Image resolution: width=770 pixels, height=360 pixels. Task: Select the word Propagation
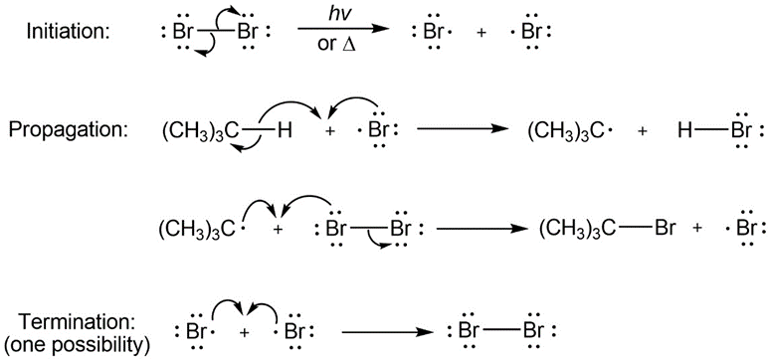69,131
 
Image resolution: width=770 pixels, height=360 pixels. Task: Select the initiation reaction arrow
343,30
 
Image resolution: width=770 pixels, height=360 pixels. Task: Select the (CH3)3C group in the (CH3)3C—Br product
577,230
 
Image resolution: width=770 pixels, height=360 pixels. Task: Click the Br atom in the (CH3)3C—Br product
666,229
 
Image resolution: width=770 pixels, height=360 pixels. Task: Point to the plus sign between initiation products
484,34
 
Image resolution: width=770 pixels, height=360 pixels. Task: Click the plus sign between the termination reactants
245,333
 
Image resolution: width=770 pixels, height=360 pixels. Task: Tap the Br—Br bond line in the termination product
502,330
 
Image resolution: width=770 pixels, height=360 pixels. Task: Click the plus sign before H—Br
643,132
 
